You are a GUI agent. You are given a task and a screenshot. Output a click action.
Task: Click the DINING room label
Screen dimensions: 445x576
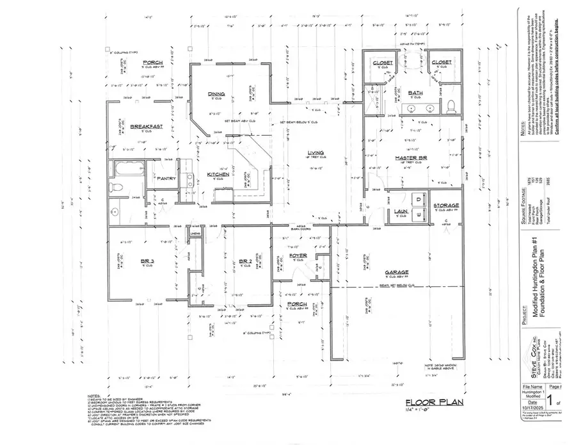(215, 95)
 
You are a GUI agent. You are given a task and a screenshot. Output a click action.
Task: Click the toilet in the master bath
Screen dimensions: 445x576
(451, 106)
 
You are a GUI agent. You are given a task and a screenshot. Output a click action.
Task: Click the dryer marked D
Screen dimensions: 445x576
(419, 198)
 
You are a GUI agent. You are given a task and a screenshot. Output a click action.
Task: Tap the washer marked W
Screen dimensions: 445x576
(419, 214)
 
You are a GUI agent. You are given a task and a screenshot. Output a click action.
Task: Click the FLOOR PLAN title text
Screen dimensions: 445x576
(431, 403)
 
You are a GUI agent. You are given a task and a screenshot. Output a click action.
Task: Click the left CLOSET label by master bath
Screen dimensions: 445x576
(383, 62)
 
